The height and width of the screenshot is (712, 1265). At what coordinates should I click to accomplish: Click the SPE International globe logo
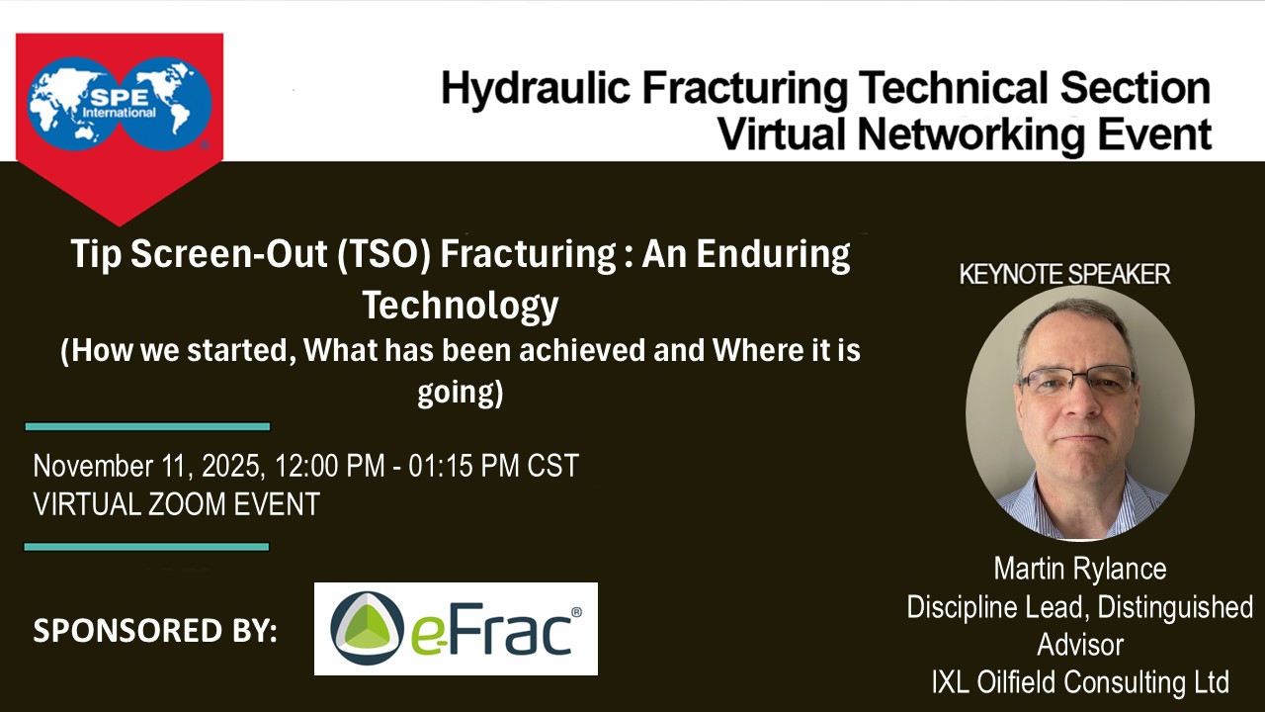(120, 105)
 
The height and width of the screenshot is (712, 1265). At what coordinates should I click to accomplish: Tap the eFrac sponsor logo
(456, 628)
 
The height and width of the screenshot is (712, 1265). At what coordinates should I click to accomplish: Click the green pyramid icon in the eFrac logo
(367, 628)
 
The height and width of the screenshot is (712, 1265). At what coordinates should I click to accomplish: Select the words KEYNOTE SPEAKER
(1064, 275)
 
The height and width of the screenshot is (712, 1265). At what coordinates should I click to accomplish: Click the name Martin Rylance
(1080, 569)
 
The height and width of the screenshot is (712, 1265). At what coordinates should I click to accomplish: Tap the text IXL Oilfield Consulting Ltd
(1080, 682)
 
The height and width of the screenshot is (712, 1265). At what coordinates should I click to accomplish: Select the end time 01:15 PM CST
(493, 466)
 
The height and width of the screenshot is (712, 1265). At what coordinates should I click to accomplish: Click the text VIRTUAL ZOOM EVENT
(177, 504)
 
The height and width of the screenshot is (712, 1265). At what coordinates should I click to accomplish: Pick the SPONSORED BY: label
(155, 631)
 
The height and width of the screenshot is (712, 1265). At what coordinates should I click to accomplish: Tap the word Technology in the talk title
(461, 306)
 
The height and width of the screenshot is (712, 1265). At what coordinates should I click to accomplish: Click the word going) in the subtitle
(461, 393)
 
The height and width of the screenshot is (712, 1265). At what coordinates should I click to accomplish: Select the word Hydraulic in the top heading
(536, 89)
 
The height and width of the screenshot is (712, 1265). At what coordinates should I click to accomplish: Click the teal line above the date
(147, 426)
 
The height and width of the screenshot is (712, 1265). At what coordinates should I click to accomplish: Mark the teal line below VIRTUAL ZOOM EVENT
(147, 547)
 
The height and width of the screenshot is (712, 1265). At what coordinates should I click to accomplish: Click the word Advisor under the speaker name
(1080, 645)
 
